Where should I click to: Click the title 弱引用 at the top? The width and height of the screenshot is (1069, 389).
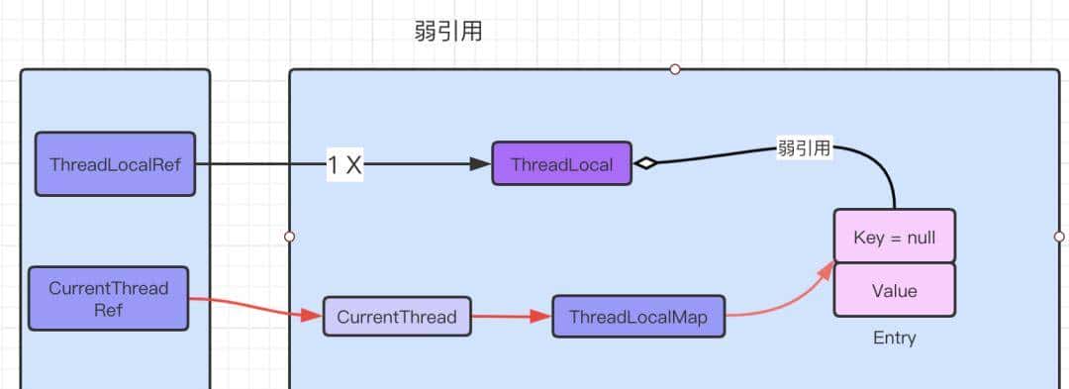pos(448,31)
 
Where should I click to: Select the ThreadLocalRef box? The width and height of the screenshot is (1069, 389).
pos(115,163)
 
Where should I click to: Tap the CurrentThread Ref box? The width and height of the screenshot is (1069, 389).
pos(108,298)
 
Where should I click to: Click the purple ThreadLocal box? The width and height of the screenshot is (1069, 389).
pos(561,163)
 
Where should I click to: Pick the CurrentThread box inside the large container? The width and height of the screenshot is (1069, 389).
pos(396,317)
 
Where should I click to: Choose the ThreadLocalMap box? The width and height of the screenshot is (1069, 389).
pos(637,317)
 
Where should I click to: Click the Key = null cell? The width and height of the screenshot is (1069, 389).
pos(894,239)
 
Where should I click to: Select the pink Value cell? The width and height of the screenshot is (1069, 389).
pos(894,290)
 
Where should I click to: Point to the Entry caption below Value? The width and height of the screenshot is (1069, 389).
pos(894,338)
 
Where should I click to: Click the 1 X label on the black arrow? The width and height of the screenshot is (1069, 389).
pos(344,165)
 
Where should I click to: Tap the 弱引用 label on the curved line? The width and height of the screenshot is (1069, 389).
pos(804,149)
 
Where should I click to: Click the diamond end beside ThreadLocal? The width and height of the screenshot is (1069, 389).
pos(645,164)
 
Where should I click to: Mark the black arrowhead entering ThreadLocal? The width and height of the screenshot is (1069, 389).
pos(480,164)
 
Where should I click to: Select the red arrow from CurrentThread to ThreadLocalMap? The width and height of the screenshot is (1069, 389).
pos(511,317)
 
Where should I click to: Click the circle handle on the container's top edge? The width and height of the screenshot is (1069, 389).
pos(675,69)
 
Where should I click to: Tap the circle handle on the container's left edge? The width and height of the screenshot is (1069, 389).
pos(289,237)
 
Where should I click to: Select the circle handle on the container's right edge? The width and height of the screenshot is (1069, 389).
pos(1059,237)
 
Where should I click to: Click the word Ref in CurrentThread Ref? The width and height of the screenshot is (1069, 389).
pos(108,309)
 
